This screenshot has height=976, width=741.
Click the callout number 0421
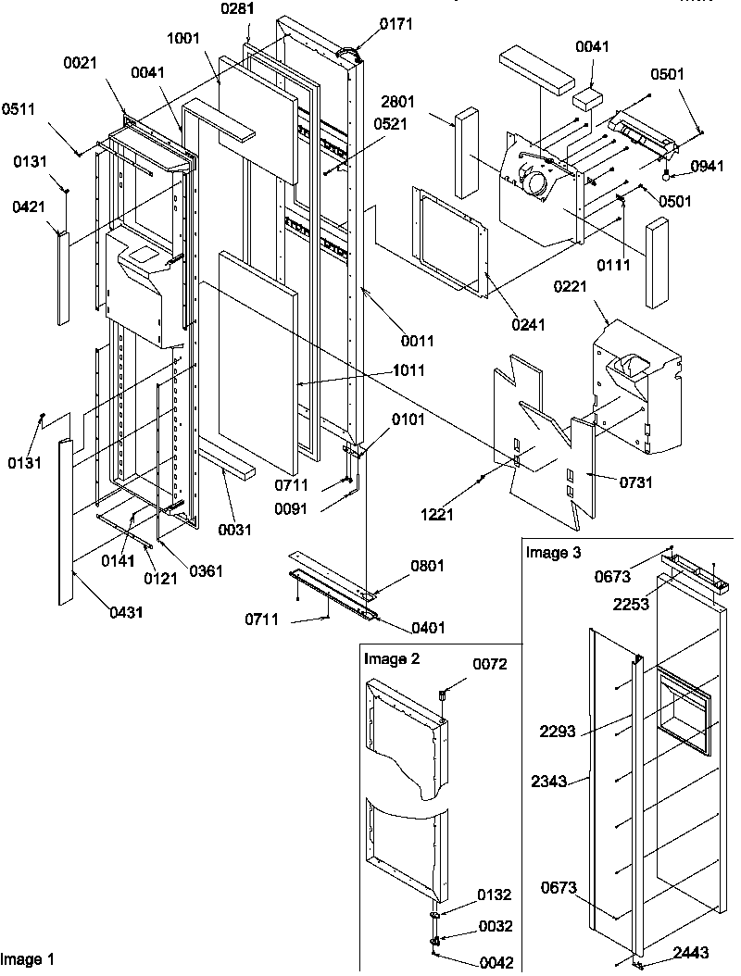[29, 210]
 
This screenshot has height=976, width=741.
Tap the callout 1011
[408, 370]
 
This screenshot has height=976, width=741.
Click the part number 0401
[427, 628]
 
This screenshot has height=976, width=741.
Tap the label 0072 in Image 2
[491, 664]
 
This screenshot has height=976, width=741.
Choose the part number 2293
[559, 732]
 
